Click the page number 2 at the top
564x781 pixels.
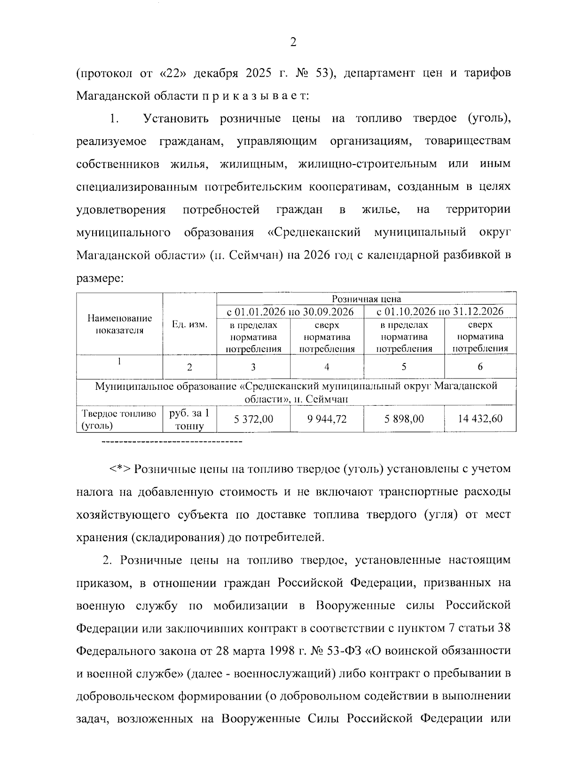tap(293, 43)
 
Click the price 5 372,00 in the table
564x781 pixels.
tap(253, 418)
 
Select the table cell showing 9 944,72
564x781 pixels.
tap(327, 418)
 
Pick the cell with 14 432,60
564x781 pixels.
tap(480, 418)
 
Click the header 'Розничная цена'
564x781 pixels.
tap(367, 299)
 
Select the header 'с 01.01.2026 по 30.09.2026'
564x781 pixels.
tap(290, 311)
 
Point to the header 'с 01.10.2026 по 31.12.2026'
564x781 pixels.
tap(440, 311)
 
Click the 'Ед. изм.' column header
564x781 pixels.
tap(189, 324)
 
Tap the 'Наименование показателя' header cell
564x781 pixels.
tap(119, 324)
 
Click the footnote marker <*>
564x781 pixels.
tap(120, 469)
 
